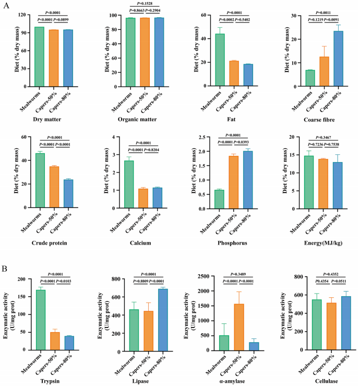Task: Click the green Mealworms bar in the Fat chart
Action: tap(220, 59)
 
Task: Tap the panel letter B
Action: tap(5, 270)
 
